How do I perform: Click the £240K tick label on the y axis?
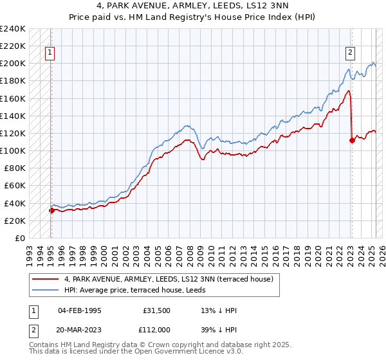[13, 29]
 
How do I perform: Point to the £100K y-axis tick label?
[13, 150]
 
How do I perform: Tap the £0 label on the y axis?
[19, 238]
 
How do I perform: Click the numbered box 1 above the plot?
[50, 53]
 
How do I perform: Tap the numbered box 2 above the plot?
[351, 53]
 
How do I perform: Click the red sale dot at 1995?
[51, 210]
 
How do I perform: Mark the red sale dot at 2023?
[352, 140]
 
